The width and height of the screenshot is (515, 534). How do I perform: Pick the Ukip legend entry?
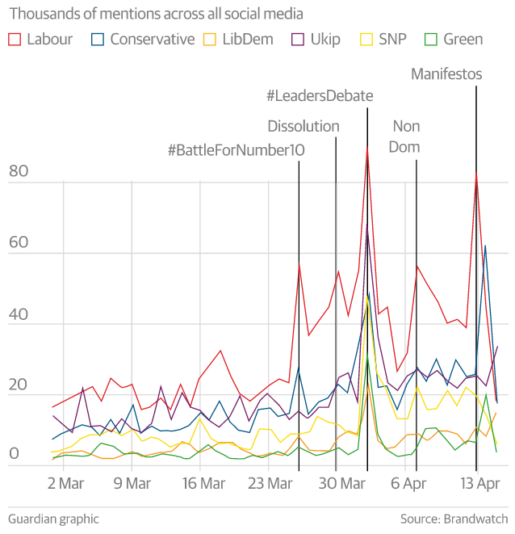pyautogui.click(x=323, y=39)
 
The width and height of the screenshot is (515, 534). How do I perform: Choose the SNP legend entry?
pyautogui.click(x=391, y=39)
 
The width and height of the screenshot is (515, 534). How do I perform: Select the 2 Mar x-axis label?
pyautogui.click(x=65, y=484)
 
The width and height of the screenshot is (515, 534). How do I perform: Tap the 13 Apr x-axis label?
pyautogui.click(x=479, y=484)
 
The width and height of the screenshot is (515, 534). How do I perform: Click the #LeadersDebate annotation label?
pyautogui.click(x=320, y=96)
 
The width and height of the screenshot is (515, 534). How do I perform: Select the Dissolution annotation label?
pyautogui.click(x=304, y=126)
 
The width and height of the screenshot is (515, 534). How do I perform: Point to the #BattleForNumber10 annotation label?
pyautogui.click(x=230, y=151)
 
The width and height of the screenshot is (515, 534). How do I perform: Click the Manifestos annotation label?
pyautogui.click(x=446, y=74)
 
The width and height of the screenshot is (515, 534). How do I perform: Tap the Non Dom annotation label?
pyautogui.click(x=405, y=137)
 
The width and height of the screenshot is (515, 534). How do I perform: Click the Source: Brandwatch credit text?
pyautogui.click(x=454, y=519)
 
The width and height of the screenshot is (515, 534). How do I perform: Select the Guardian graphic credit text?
pyautogui.click(x=53, y=519)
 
